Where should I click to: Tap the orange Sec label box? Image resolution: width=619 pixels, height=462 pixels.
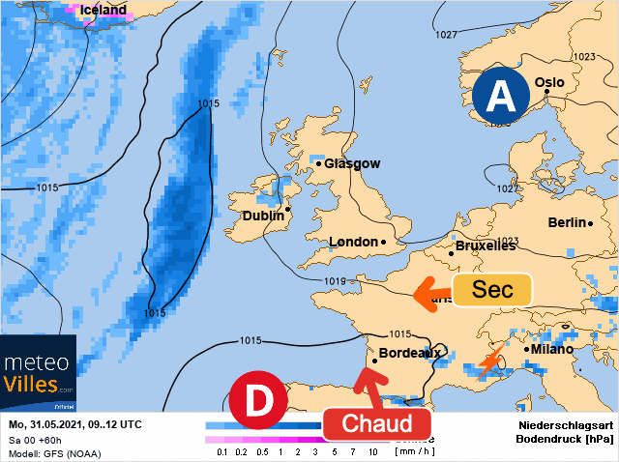point(492,290)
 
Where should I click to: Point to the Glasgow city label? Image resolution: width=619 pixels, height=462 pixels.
point(351,163)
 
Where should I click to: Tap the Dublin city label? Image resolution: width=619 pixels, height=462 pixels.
point(263,216)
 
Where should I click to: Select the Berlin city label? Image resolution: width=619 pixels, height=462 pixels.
point(568,222)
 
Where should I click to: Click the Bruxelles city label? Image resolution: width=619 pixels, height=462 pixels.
point(485,246)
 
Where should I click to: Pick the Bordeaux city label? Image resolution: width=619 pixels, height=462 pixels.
point(410,353)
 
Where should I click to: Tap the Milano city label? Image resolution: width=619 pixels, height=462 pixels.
point(553,349)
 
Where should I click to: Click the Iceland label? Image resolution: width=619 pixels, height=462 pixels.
point(103,10)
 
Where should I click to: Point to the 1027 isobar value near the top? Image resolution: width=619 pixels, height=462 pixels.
point(446,35)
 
